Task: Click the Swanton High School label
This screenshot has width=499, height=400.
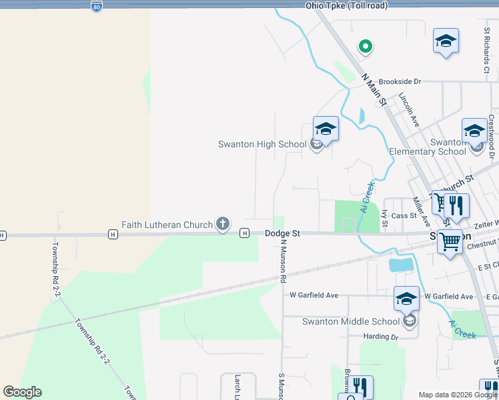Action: tap(262, 144)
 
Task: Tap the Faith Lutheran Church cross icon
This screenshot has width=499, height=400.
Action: tap(223, 225)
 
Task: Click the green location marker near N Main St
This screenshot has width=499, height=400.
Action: tap(365, 46)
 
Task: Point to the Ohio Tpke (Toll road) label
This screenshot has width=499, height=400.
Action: tap(346, 5)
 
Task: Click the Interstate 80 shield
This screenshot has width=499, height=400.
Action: tap(97, 6)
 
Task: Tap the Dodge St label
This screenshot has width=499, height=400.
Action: tap(282, 233)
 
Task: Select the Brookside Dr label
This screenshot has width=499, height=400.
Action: tap(400, 81)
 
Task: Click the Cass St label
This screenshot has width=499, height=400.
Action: tap(404, 215)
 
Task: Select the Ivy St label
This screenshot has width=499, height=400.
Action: tap(385, 218)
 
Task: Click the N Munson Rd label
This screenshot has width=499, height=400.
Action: tap(283, 260)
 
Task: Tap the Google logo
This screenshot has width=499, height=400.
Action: tap(22, 392)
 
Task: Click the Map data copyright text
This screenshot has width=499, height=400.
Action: tap(458, 395)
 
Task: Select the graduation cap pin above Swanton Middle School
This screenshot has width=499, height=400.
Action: tap(406, 299)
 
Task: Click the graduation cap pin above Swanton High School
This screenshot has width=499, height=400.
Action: tap(326, 129)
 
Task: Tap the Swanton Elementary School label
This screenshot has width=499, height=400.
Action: tap(428, 147)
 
